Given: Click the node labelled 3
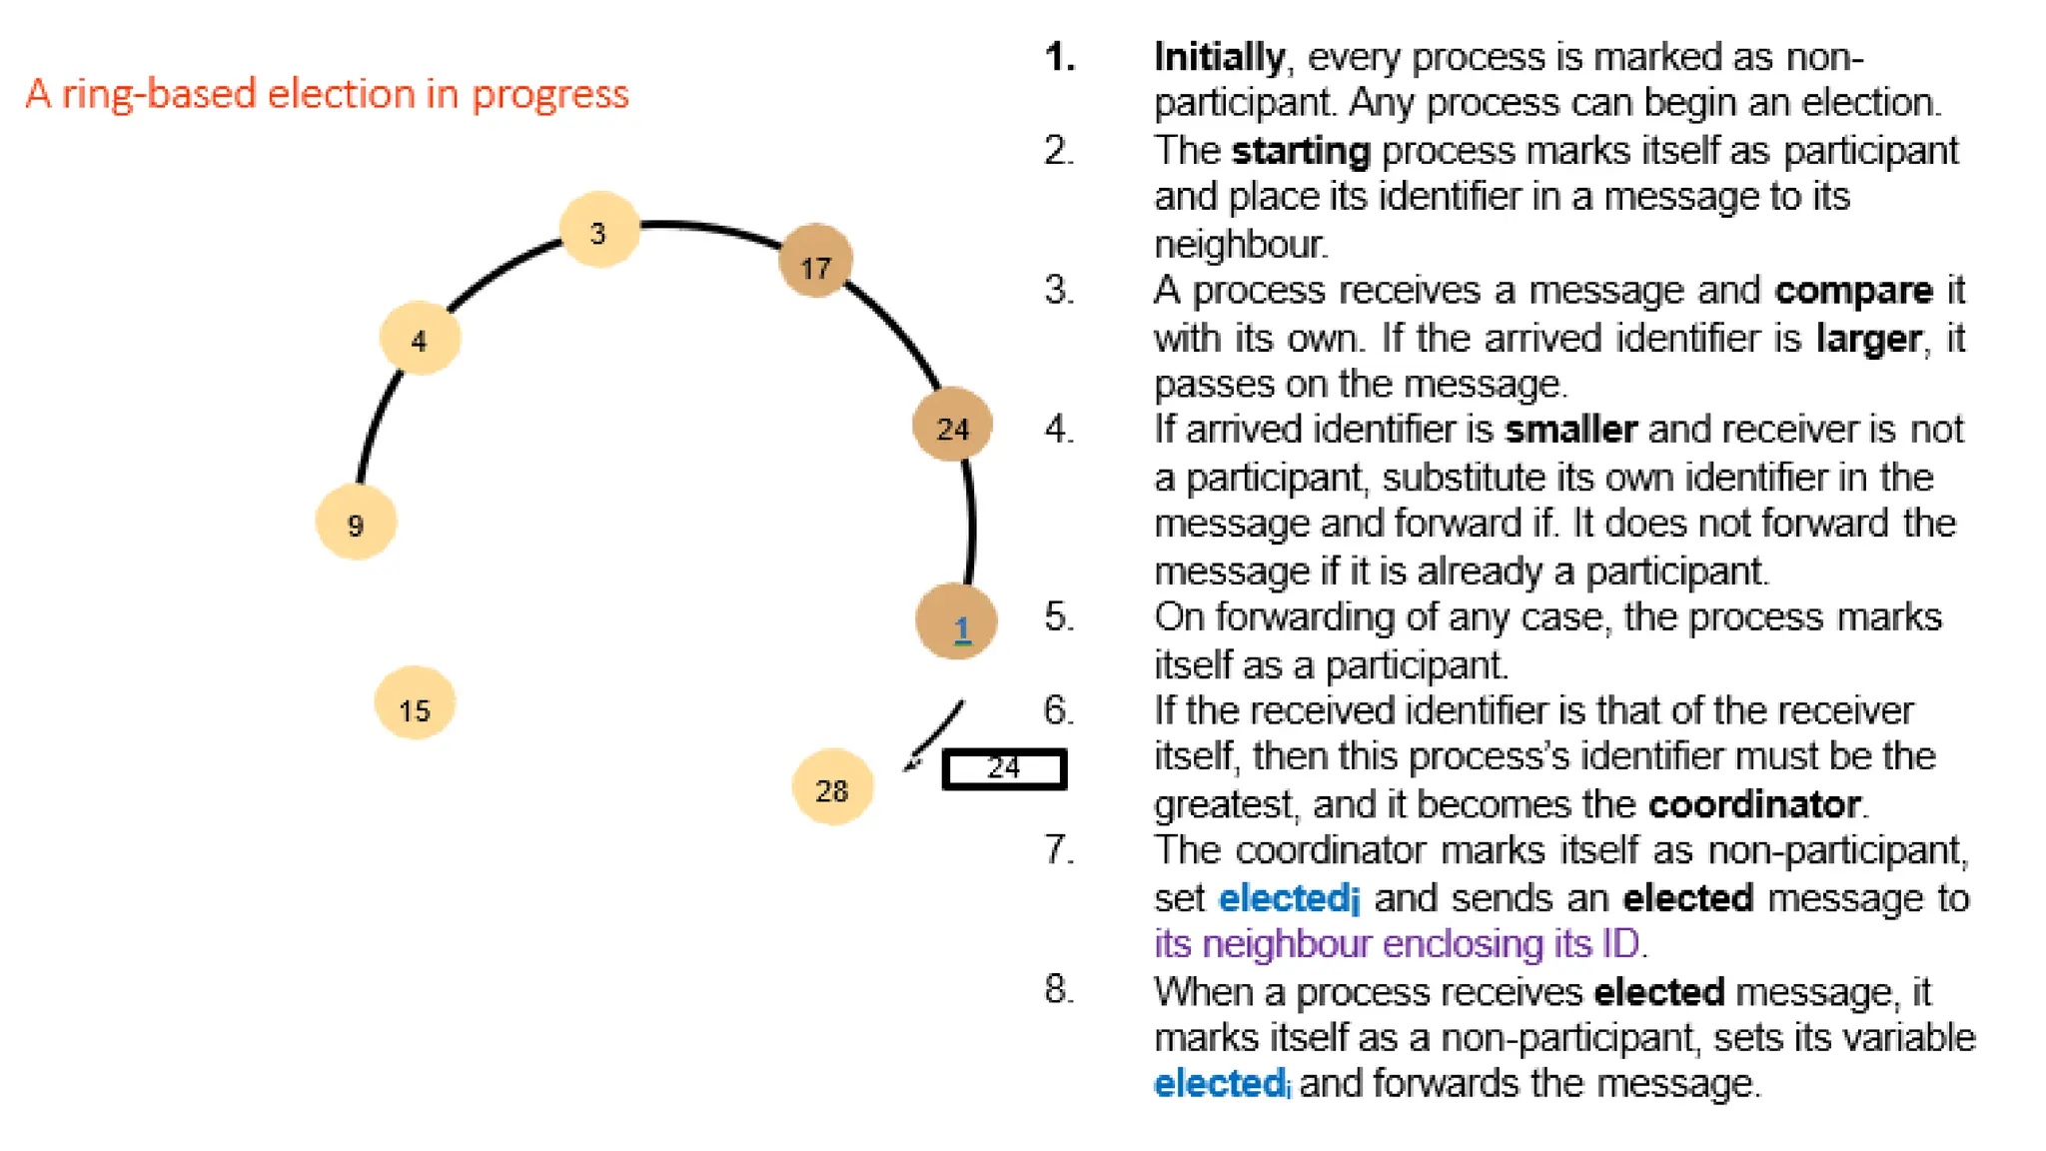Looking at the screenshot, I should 598,230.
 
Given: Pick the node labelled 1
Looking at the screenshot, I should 956,622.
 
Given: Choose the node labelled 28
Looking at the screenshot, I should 832,787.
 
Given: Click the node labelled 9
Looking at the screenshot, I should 356,522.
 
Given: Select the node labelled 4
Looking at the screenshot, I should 420,338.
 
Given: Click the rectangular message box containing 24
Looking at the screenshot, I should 1004,769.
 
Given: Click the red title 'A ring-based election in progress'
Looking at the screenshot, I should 327,94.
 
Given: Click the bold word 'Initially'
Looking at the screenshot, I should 1219,57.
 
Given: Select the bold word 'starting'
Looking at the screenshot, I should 1300,151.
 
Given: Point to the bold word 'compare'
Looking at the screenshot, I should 1853,290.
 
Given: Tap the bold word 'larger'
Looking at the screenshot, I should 1867,339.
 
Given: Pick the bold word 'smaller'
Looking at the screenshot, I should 1570,430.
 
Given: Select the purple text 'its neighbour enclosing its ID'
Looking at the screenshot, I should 1397,943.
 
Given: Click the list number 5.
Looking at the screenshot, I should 1058,616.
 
